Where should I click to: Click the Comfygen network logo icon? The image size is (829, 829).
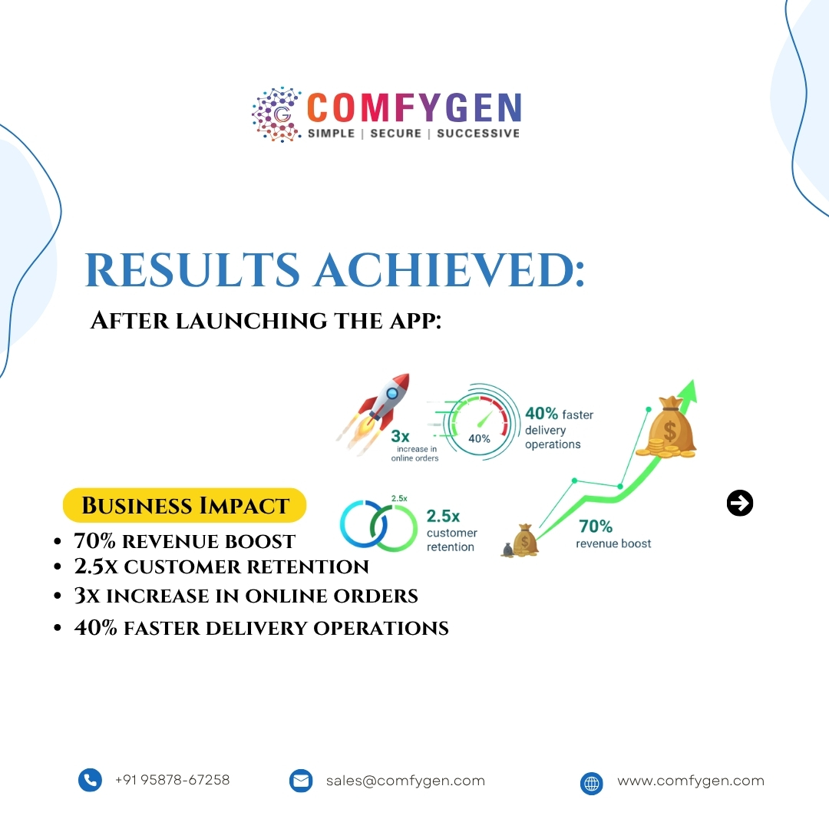click(277, 114)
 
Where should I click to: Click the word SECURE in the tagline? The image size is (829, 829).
click(396, 133)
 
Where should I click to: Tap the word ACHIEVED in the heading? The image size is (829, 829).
click(448, 269)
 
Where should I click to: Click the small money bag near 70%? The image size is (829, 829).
click(525, 540)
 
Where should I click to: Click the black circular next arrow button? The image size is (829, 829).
click(740, 504)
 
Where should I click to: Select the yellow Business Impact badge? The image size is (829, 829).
click(184, 506)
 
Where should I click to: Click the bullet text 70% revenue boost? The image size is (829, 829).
click(184, 541)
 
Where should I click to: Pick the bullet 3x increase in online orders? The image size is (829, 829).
click(246, 596)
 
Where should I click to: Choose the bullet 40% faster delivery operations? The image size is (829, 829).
click(261, 628)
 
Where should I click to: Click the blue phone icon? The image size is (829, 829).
click(90, 781)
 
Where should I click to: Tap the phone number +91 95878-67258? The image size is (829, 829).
click(172, 780)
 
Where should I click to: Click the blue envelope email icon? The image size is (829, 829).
click(301, 781)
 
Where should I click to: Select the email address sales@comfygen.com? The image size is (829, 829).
click(405, 781)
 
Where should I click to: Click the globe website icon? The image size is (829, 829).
click(591, 783)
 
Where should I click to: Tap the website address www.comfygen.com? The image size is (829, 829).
click(691, 781)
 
